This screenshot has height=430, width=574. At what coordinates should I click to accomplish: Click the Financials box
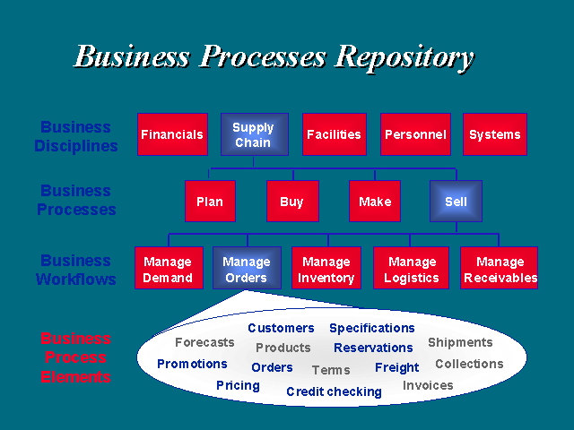[x=172, y=134]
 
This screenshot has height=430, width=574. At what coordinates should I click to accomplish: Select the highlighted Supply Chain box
[x=255, y=134]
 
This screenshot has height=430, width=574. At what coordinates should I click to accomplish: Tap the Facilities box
[x=335, y=134]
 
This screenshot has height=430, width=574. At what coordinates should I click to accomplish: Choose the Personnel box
[x=415, y=134]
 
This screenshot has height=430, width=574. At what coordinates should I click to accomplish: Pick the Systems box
[x=495, y=134]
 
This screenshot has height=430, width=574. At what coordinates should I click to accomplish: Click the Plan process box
[x=210, y=201]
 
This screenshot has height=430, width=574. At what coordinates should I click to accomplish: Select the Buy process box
[x=292, y=201]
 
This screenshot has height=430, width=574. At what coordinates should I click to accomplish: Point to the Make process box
[x=375, y=201]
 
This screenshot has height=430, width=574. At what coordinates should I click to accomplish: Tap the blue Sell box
[x=456, y=201]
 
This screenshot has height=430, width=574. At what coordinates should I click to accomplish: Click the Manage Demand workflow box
[x=169, y=268]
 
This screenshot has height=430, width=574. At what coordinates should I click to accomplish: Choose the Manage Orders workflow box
[x=248, y=268]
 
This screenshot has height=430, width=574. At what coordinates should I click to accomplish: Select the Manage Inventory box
[x=326, y=268]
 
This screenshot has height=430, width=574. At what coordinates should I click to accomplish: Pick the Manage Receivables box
[x=499, y=268]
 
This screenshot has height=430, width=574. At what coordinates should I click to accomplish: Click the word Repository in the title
[x=404, y=58]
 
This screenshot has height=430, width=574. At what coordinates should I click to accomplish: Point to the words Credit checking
[x=334, y=391]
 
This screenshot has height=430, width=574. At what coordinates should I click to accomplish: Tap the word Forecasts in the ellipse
[x=204, y=342]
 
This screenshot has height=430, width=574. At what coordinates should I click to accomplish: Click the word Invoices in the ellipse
[x=428, y=385]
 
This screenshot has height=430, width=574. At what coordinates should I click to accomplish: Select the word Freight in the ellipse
[x=396, y=367]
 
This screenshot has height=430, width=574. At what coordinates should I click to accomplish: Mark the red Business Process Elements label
[x=75, y=357]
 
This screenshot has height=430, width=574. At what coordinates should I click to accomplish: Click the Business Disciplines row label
[x=76, y=136]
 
